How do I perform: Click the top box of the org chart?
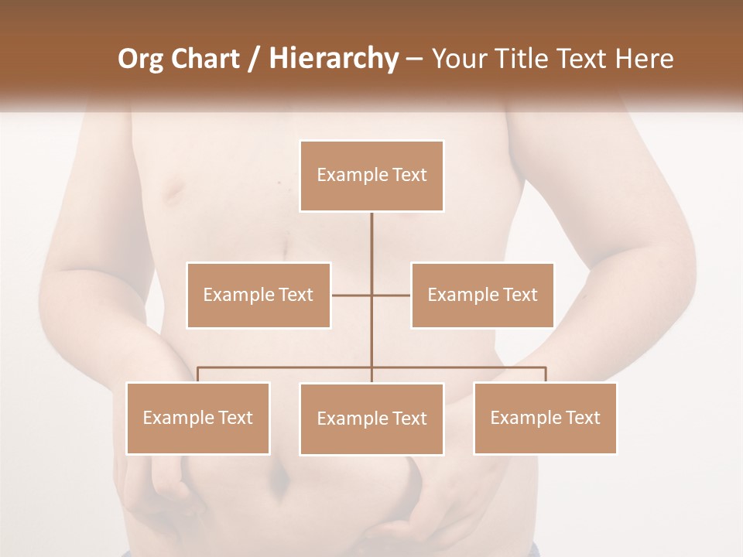click(x=371, y=176)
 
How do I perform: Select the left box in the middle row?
click(x=259, y=295)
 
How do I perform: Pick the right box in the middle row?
click(x=482, y=295)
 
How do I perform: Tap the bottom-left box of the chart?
click(x=198, y=418)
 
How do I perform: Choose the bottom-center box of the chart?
click(x=371, y=419)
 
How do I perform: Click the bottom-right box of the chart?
click(x=545, y=418)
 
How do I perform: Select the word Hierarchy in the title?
click(x=333, y=59)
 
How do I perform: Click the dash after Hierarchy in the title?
click(x=414, y=59)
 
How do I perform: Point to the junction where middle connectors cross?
click(x=371, y=295)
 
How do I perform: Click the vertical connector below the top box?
click(x=371, y=240)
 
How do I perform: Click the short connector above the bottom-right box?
click(x=546, y=374)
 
